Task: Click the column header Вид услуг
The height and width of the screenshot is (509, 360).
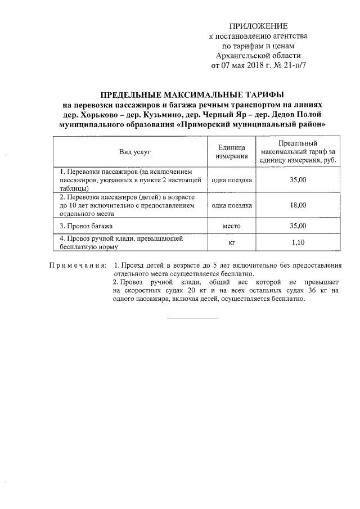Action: (130, 152)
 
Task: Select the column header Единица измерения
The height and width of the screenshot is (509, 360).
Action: (232, 152)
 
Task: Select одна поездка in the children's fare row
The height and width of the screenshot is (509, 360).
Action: (232, 206)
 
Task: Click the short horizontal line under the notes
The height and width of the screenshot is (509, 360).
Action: (192, 318)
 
